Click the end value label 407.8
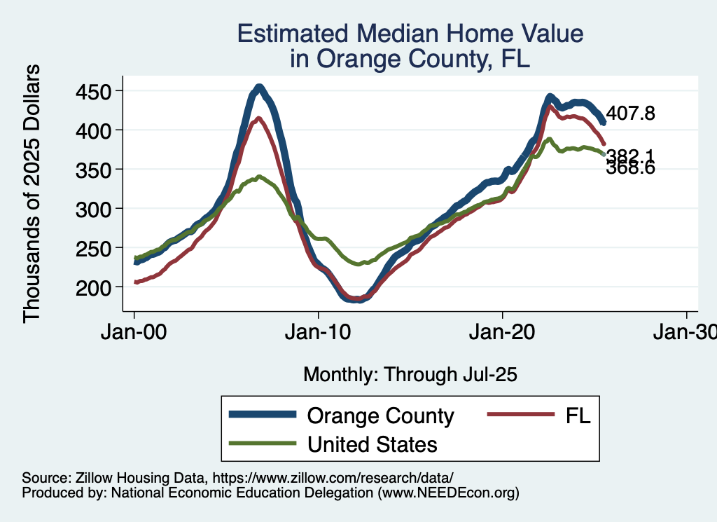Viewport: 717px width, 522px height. pyautogui.click(x=630, y=114)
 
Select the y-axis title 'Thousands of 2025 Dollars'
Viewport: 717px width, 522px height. pyautogui.click(x=33, y=193)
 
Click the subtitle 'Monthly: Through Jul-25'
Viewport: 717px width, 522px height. pyautogui.click(x=410, y=375)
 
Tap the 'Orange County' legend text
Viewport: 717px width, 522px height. pyautogui.click(x=380, y=416)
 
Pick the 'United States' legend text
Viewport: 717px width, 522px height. pyautogui.click(x=372, y=444)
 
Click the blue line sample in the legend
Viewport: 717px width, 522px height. pyautogui.click(x=261, y=415)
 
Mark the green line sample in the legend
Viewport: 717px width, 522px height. pyautogui.click(x=261, y=444)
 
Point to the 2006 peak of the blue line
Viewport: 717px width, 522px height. pyautogui.click(x=259, y=88)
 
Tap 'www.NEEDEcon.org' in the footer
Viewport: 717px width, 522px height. pyautogui.click(x=449, y=493)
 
